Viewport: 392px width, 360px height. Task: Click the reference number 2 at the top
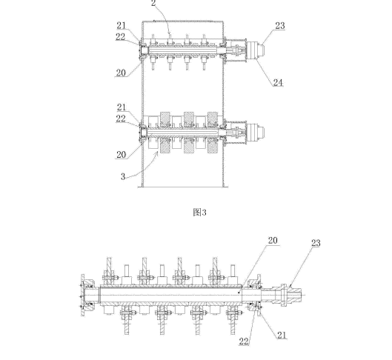tap(153, 3)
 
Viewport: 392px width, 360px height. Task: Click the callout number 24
tap(278, 83)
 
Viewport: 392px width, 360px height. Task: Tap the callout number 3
tap(123, 176)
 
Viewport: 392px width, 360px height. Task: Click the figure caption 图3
tap(200, 213)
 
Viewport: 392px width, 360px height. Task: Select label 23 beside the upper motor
tap(280, 25)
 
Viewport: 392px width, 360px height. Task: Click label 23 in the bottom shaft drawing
tap(316, 243)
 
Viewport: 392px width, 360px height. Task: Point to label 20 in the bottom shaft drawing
tap(273, 240)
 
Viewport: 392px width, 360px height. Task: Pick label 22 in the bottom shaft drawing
tap(244, 341)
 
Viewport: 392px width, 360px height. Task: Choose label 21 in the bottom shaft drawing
tap(282, 336)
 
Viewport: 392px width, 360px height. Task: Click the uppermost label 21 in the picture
tap(122, 25)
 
